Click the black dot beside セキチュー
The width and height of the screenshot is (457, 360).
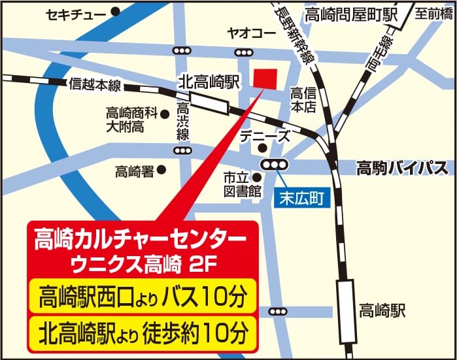click(x=116, y=11)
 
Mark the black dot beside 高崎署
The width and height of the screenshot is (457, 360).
click(x=161, y=170)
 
